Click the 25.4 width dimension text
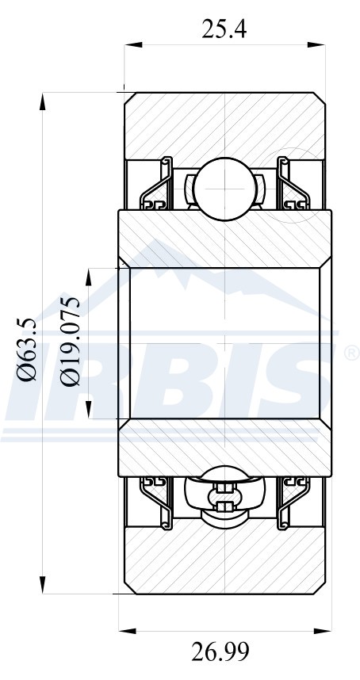pos(224,30)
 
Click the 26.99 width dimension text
pos(220,651)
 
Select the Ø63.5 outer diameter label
pos(26,350)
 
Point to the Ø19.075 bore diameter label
pos(71,342)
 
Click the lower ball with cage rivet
pos(224,498)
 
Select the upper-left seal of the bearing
pos(156,184)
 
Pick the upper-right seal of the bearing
pos(293,184)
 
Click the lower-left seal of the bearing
pos(156,503)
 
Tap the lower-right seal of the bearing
pos(293,503)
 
